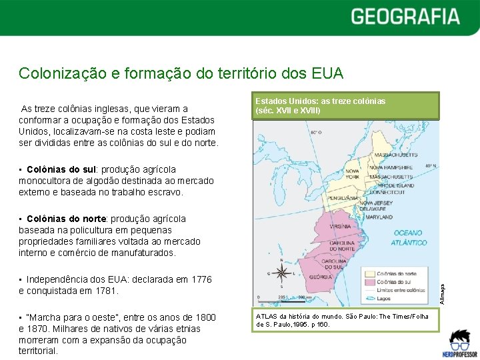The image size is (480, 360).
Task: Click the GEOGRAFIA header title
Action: pyautogui.click(x=405, y=16)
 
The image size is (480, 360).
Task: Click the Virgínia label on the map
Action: pyautogui.click(x=340, y=226)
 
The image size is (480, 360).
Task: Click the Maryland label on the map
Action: pyautogui.click(x=379, y=217)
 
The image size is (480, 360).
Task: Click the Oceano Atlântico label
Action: pyautogui.click(x=409, y=238)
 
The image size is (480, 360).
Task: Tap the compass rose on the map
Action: pyautogui.click(x=282, y=272)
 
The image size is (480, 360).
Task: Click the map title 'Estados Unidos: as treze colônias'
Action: pyautogui.click(x=321, y=101)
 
